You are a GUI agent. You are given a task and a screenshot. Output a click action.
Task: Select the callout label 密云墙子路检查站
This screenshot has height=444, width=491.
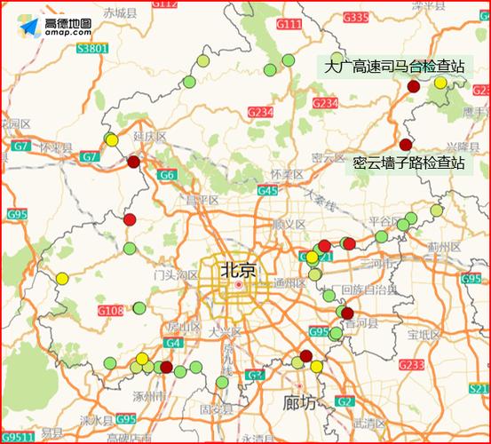point(408,163)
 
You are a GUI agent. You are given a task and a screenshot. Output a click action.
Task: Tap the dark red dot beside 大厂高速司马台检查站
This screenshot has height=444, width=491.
point(413,86)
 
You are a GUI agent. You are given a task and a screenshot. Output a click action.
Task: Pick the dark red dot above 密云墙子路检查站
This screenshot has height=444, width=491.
point(406,145)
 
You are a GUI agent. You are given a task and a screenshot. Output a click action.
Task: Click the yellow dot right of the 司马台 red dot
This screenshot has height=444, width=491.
point(440,83)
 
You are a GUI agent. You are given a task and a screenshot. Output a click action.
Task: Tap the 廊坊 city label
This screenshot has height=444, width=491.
point(297,402)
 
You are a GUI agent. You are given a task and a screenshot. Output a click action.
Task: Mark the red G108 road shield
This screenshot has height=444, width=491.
point(111,311)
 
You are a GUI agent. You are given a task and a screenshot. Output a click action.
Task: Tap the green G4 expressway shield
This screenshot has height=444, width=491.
point(173,343)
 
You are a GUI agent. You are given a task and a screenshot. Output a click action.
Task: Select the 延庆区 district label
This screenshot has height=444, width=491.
point(150,136)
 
